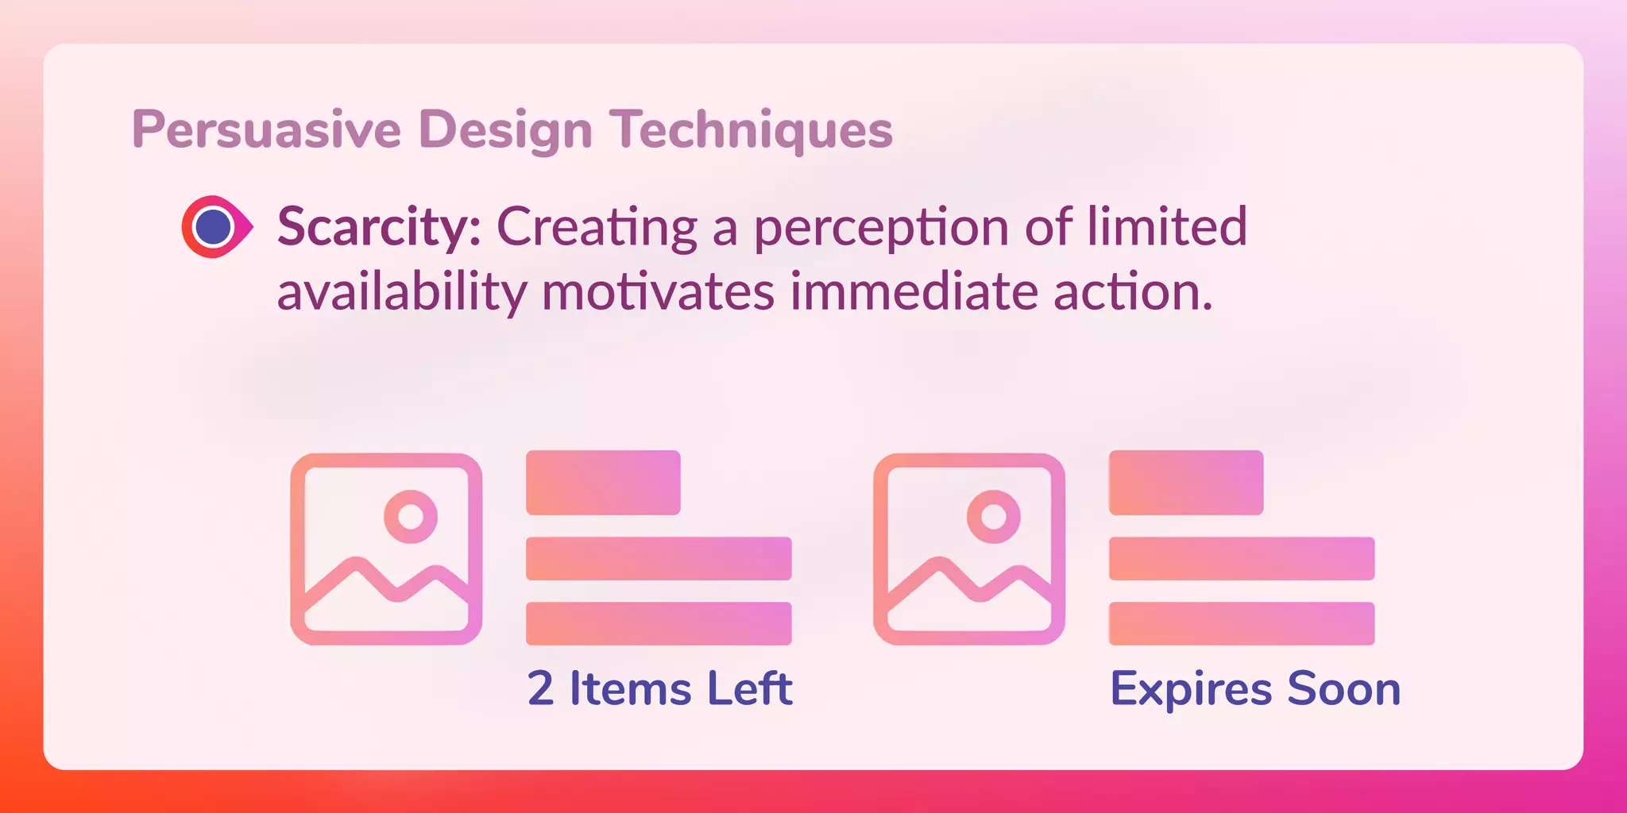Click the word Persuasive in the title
point(267,129)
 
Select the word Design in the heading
point(505,129)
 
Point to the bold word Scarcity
point(378,227)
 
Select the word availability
point(402,292)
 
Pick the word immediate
point(914,291)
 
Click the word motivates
point(658,292)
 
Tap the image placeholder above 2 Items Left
point(386,549)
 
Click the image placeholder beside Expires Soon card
point(969,549)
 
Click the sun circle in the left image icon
point(411,517)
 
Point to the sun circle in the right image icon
point(994,517)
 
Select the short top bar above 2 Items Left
point(603,483)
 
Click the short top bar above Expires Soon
point(1186,483)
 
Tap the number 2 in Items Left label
point(540,688)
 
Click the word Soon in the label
point(1344,688)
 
